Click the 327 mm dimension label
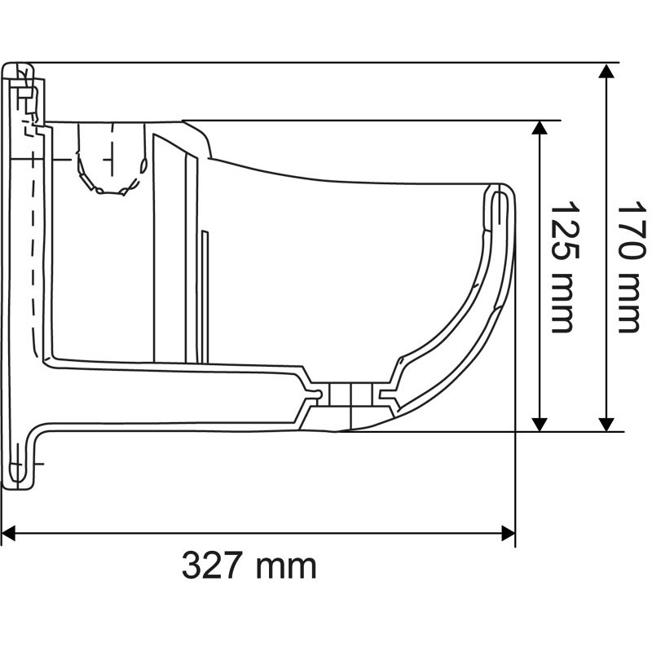click(249, 565)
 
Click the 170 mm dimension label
click(628, 267)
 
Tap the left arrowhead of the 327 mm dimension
click(9, 534)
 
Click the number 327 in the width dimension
click(213, 565)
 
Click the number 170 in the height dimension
click(628, 235)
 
